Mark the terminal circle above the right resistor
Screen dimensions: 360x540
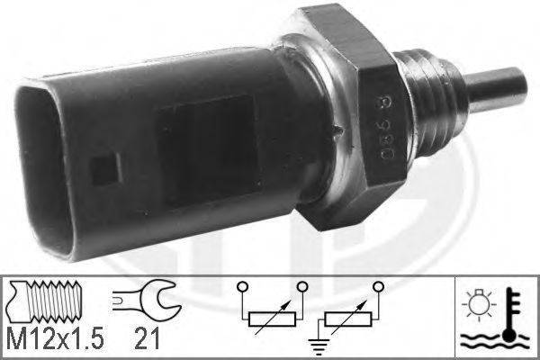[x=383, y=288]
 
